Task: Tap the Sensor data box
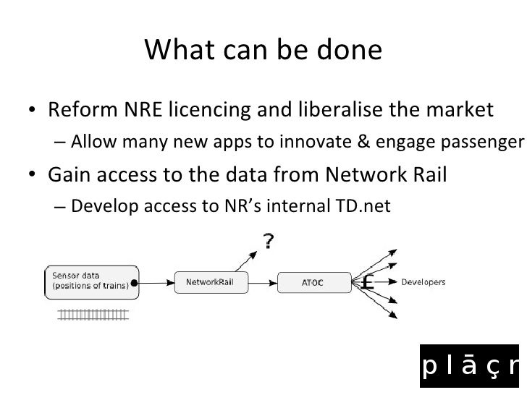[90, 281]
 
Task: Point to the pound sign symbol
[367, 281]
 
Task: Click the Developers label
[423, 282]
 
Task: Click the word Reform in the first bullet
[75, 111]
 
